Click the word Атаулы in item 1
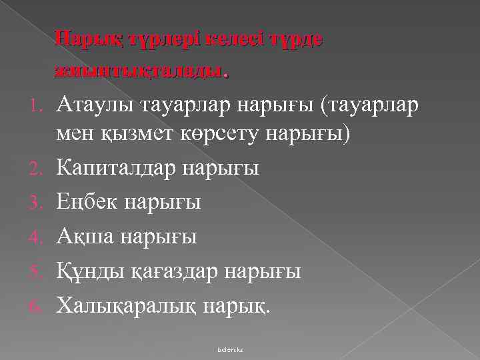coord(91,105)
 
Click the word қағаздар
coord(167,271)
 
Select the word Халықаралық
coord(123,305)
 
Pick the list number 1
coord(39,105)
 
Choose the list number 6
coord(39,306)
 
